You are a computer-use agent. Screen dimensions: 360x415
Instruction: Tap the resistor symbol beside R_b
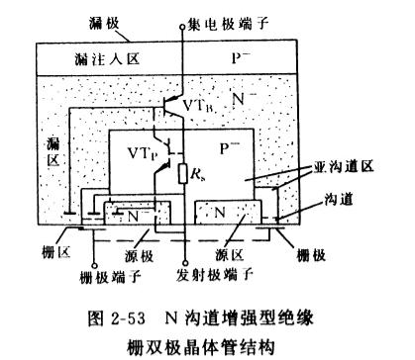(x=184, y=177)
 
